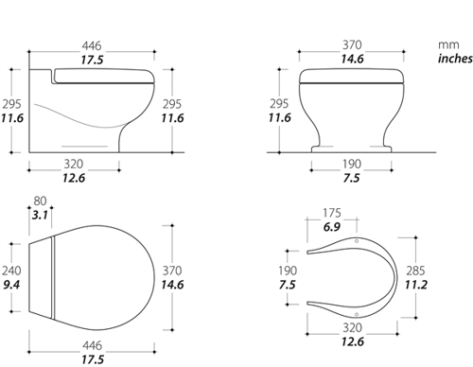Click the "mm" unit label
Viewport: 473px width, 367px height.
(x=448, y=44)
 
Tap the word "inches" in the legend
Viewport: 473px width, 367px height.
(x=455, y=59)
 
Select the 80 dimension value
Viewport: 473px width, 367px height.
(x=40, y=201)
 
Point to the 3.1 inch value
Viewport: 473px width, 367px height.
(x=40, y=215)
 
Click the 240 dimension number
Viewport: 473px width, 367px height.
(x=11, y=271)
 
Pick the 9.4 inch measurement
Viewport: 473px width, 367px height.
(x=11, y=285)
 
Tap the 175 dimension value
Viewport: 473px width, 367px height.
(x=332, y=213)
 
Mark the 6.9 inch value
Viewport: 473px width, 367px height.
(x=332, y=227)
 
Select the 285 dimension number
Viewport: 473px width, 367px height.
(x=415, y=271)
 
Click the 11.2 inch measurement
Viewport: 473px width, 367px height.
(x=416, y=285)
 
